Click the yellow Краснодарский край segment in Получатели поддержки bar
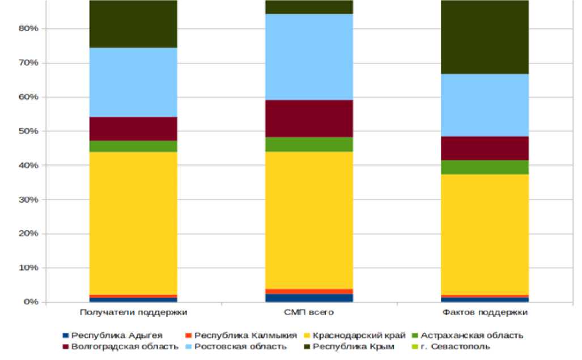point(133,223)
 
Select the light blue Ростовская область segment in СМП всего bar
point(309,57)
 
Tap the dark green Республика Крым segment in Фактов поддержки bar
point(485,37)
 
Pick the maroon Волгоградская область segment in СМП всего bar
point(309,118)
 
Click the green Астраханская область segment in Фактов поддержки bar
point(485,167)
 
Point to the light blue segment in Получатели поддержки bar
point(133,82)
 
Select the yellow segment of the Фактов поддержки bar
point(485,234)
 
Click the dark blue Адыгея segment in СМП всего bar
point(309,298)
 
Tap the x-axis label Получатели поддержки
point(133,312)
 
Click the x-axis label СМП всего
point(309,312)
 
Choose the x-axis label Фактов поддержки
point(485,312)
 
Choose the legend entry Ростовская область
point(238,346)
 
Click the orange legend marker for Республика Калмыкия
point(190,336)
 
